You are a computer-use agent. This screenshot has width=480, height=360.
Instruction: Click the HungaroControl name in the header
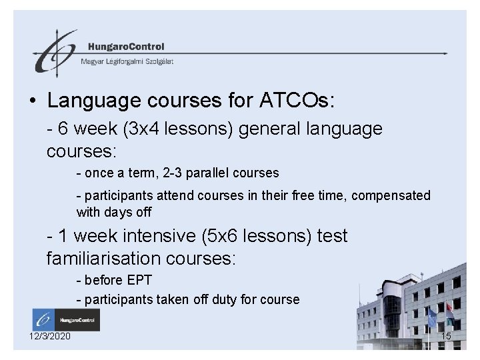125,47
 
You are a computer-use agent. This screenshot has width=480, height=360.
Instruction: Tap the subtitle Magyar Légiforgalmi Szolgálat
127,61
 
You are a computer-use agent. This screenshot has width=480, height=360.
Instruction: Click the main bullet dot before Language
33,102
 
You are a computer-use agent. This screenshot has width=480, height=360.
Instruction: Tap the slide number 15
446,336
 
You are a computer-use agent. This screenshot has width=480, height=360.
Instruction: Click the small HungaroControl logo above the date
65,319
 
